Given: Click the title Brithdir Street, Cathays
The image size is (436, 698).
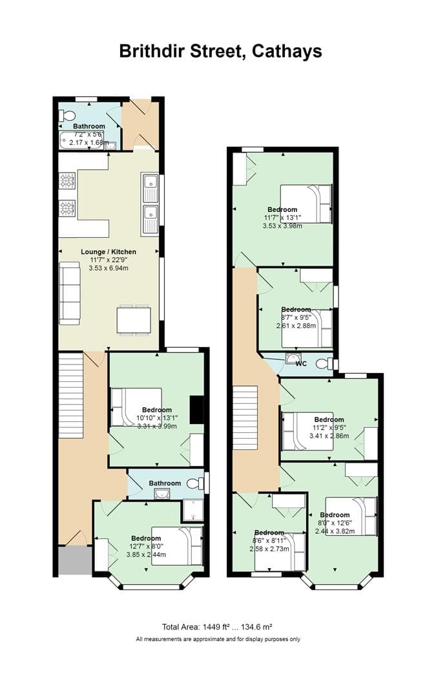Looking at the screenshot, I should click(220, 51).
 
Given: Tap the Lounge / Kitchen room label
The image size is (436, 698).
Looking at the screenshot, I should click(109, 251).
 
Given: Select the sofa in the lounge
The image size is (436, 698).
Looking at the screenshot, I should click(70, 294).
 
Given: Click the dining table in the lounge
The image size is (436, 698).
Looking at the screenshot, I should click(134, 320).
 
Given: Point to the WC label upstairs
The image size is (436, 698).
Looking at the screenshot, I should click(301, 364).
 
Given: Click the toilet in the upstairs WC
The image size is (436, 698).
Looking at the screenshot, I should click(324, 364).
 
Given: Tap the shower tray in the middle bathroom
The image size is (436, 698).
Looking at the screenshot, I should click(193, 511).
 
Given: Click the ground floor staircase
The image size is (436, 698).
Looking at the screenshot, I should click(71, 394).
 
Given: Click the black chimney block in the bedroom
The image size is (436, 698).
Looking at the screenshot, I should click(196, 410).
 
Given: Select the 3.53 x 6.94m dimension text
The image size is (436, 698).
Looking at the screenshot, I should click(109, 268).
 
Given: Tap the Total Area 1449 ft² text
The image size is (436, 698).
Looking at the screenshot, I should click(217, 626).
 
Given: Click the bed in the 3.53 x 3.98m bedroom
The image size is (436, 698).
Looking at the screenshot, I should click(306, 204).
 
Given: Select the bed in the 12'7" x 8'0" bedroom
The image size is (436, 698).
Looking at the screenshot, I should click(177, 546).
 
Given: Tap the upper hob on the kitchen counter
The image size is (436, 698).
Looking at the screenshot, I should click(67, 180).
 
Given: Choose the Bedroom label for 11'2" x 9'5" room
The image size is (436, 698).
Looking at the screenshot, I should click(329, 419).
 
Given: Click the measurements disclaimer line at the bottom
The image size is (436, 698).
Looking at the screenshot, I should click(218, 639).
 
